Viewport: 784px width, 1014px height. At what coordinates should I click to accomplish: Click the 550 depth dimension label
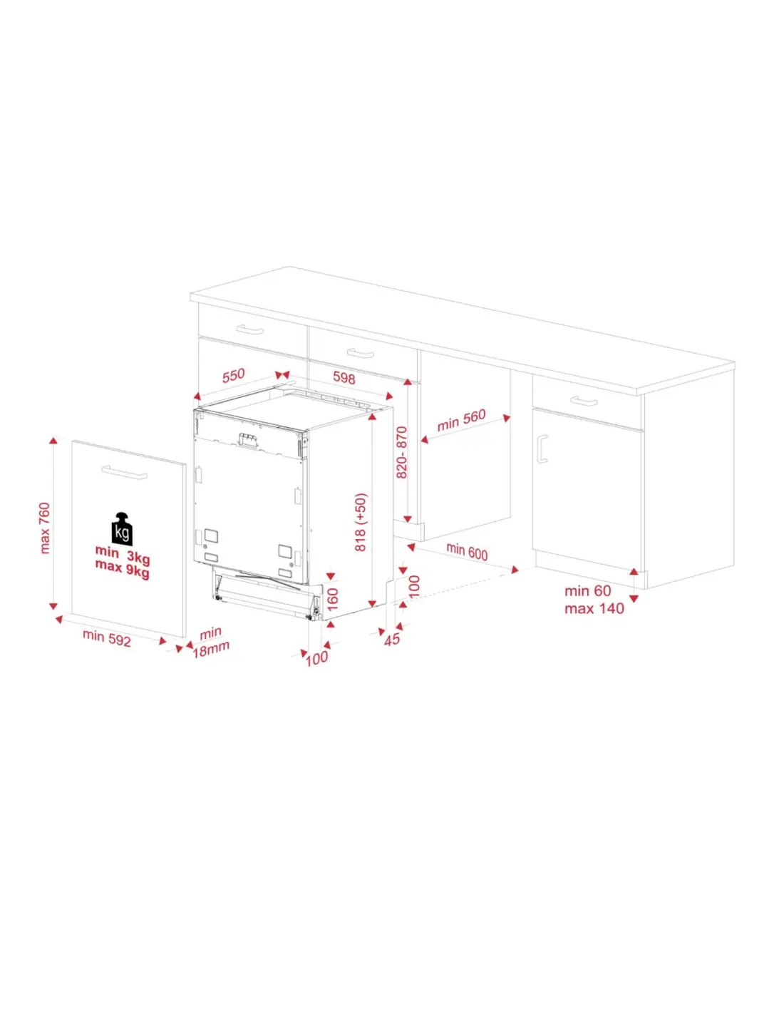[x=233, y=375]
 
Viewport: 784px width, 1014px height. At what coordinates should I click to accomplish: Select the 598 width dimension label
[x=344, y=377]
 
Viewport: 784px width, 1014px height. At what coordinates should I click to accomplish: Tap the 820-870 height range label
[x=401, y=452]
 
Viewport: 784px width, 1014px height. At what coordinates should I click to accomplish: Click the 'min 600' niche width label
[x=467, y=551]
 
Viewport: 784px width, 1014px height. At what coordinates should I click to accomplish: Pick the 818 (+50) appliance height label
[x=361, y=522]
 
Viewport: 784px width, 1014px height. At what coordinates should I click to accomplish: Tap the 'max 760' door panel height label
[x=45, y=528]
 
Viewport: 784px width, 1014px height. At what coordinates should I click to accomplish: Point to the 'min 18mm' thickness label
[x=211, y=642]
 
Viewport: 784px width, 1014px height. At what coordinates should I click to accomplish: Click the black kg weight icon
[x=122, y=529]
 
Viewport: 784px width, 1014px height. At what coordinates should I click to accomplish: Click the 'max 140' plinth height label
[x=594, y=609]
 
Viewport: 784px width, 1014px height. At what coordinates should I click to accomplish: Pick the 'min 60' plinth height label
[x=588, y=591]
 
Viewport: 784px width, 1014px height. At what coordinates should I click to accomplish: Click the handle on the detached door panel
[x=124, y=472]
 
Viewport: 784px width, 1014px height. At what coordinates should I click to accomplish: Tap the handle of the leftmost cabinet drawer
[x=249, y=330]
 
